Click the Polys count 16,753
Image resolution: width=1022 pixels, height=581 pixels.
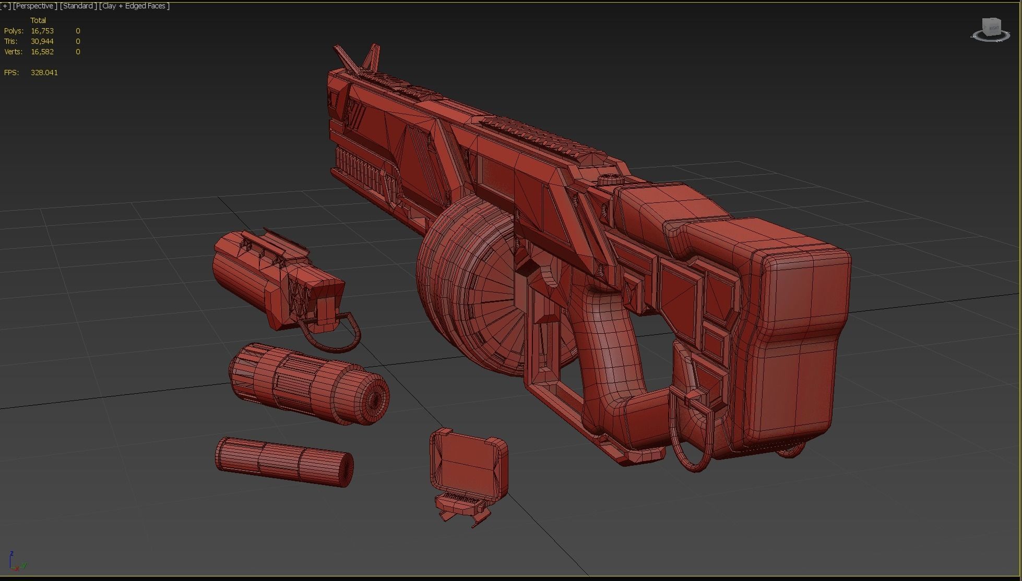tap(42, 31)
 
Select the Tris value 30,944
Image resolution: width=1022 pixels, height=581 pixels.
tap(42, 41)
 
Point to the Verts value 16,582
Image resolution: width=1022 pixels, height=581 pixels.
tap(42, 52)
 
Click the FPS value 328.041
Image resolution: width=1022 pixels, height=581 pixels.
tap(44, 72)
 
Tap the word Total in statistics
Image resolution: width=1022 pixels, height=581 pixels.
tap(38, 20)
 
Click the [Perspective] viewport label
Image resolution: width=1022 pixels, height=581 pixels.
tap(34, 6)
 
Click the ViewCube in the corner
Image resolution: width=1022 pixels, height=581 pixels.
tap(990, 29)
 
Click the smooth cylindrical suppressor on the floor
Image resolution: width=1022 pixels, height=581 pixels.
tap(284, 462)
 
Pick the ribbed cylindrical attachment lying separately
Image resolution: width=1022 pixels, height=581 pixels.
tap(308, 383)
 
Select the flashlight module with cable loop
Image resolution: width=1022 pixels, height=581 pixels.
tap(277, 276)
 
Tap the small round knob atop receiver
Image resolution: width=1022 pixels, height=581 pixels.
tap(607, 179)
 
